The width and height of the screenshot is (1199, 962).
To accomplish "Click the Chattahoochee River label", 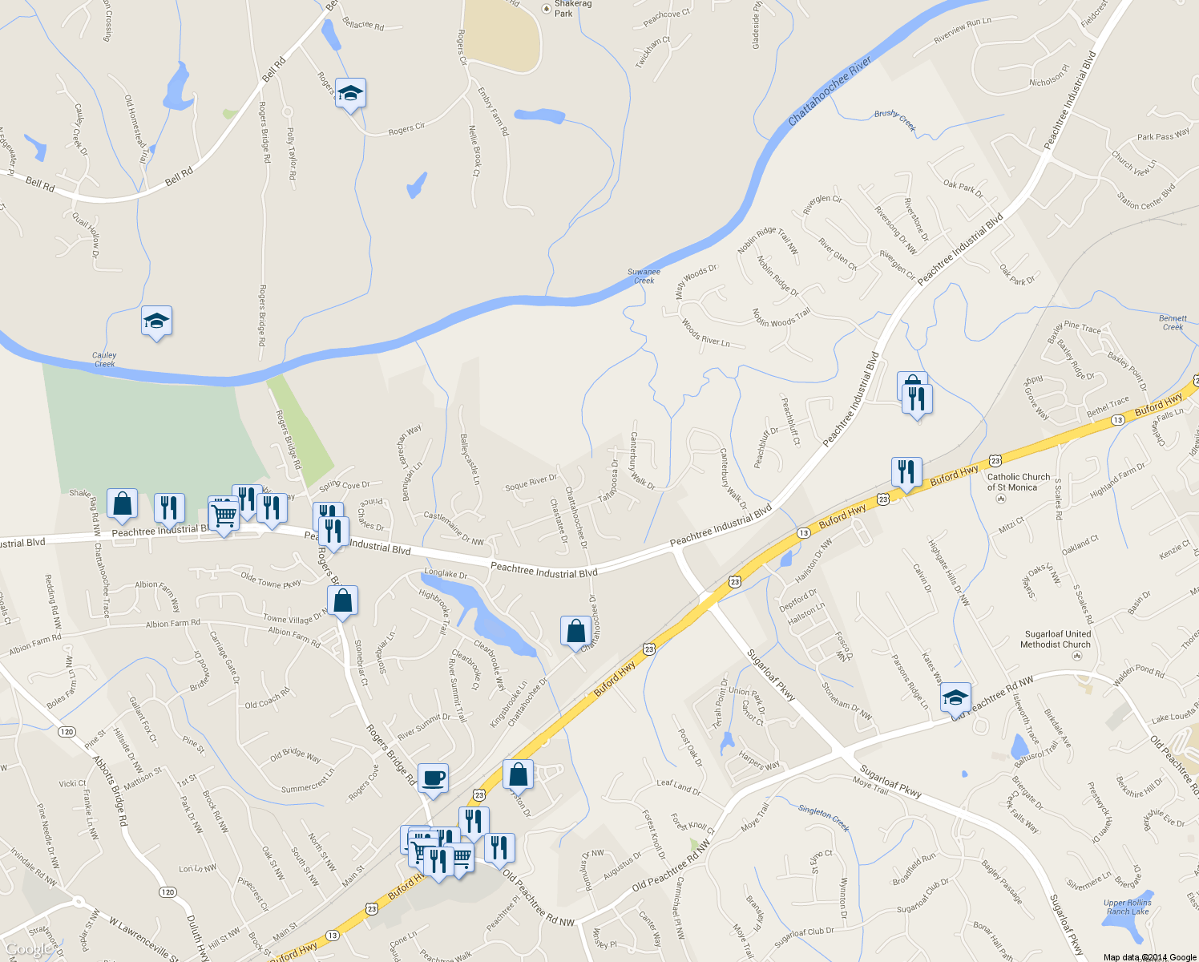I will (x=830, y=91).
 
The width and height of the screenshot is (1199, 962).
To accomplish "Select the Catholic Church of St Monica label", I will (x=1018, y=482).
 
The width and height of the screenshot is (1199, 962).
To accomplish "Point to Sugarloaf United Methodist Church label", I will (x=1056, y=639).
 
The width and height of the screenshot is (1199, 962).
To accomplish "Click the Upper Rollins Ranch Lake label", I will (x=1128, y=907).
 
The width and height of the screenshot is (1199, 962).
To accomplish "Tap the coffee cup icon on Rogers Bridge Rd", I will (x=433, y=778).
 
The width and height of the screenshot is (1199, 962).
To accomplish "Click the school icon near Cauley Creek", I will (x=156, y=321).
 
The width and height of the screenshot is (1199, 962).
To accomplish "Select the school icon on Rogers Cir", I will (x=350, y=93).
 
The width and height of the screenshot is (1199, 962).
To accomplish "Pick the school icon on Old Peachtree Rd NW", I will (x=955, y=697).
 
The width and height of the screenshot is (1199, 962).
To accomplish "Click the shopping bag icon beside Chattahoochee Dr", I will (x=575, y=631).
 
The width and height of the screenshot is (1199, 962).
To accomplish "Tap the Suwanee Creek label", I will (x=644, y=276).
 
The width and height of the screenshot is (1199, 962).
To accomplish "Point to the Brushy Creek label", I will (x=895, y=119).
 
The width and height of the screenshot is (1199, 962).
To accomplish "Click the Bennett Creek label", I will (x=1173, y=322).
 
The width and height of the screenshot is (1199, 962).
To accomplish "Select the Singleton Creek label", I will (x=823, y=819).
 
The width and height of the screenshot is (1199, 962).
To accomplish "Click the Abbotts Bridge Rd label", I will (x=111, y=790).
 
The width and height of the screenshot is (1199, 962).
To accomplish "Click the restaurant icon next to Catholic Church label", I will (x=906, y=472).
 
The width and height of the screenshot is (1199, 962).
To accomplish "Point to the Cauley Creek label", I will (x=104, y=359).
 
